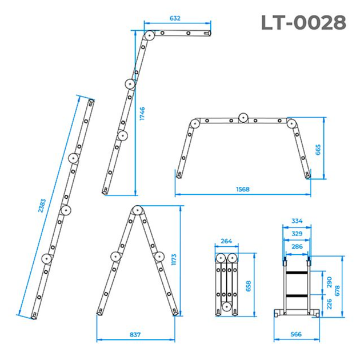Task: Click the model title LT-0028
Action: point(303,22)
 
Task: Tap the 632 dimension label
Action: point(175,18)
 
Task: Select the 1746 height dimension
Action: point(142,113)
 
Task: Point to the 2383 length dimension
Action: point(42,206)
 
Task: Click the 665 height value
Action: point(318,150)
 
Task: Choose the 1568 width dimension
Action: point(243,189)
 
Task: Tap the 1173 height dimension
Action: point(174,259)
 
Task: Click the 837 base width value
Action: point(135,334)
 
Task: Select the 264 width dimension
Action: point(226,241)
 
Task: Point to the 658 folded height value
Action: point(249,286)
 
